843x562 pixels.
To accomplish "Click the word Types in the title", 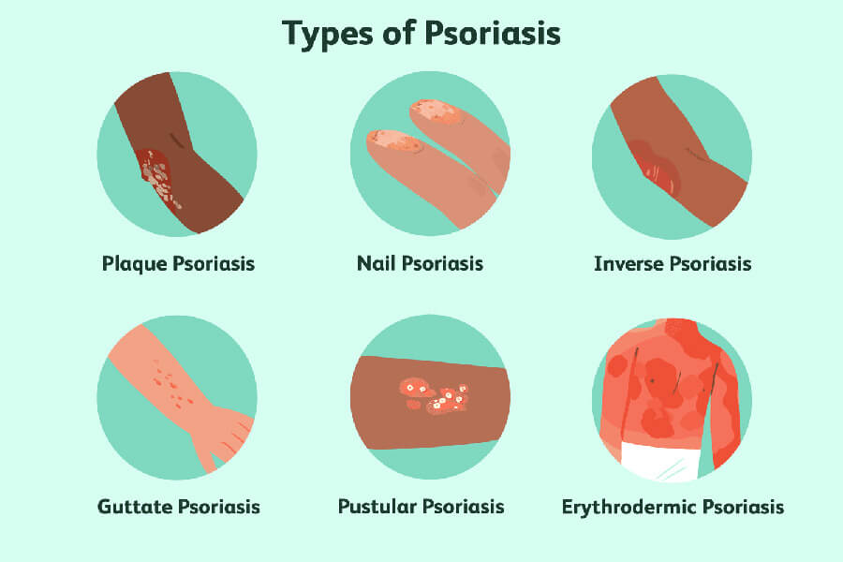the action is point(327,34).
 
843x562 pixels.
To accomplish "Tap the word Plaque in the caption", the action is point(134,264).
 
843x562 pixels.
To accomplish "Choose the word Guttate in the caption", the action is point(134,507).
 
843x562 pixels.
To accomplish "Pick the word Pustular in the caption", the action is point(377,506).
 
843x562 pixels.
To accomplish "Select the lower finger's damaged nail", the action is point(395,142).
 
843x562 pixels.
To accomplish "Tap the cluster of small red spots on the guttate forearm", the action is point(172,382).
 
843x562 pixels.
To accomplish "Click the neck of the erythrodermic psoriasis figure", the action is point(682,330).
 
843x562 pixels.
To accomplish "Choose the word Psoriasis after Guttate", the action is point(219,507).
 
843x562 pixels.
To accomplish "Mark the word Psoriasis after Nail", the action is point(442,263).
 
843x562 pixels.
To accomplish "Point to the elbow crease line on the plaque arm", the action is point(176,140).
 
